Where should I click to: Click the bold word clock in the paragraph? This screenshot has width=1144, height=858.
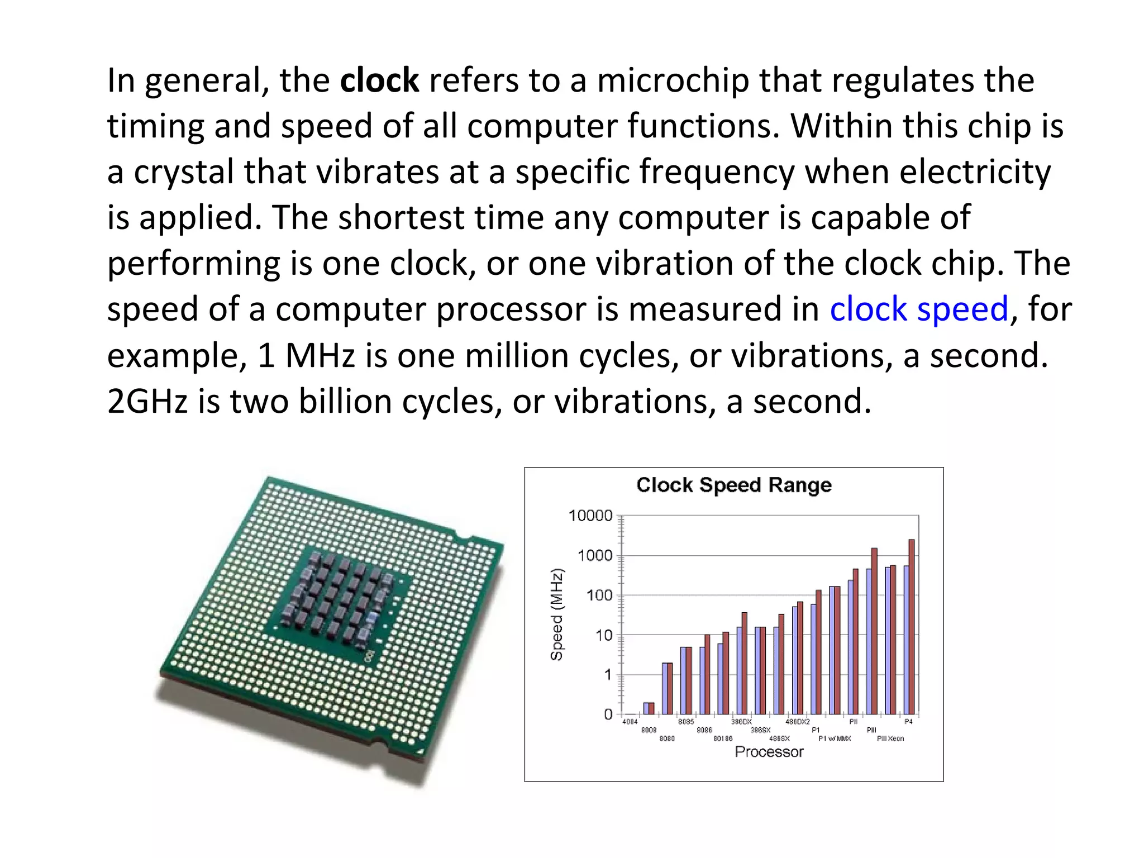(x=379, y=80)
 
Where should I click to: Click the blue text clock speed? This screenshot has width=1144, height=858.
(x=919, y=309)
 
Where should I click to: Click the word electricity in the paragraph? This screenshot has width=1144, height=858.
(x=975, y=172)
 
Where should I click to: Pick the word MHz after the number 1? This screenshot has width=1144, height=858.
(x=320, y=355)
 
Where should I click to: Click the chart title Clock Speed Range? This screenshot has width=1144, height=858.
(x=734, y=485)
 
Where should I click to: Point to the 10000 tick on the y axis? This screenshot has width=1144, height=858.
(x=590, y=516)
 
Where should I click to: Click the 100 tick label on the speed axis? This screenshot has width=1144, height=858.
(x=599, y=595)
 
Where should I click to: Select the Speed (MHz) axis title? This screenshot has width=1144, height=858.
(x=557, y=614)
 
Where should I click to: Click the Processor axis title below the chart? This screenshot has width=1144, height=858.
(x=769, y=752)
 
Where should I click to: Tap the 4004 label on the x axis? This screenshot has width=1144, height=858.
(x=630, y=722)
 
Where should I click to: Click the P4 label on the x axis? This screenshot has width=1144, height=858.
(x=909, y=722)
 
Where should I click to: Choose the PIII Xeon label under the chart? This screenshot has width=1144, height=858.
(x=890, y=738)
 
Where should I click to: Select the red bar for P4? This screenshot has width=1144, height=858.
(x=912, y=627)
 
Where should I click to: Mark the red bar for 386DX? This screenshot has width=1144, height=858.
(x=744, y=664)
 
